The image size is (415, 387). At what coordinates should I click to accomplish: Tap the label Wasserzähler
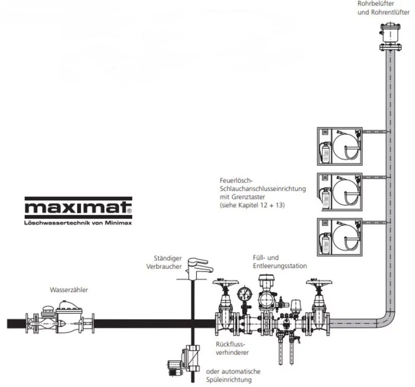[68, 290]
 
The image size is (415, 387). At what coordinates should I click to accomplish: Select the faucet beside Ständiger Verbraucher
[199, 265]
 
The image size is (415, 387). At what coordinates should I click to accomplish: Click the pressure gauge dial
[245, 295]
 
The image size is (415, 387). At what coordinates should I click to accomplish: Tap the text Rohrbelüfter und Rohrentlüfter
[383, 8]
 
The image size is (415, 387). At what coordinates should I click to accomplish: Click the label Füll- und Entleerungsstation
[279, 262]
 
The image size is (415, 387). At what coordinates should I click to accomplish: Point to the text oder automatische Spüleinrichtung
[233, 375]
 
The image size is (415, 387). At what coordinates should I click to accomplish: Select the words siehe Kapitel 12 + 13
[252, 205]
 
